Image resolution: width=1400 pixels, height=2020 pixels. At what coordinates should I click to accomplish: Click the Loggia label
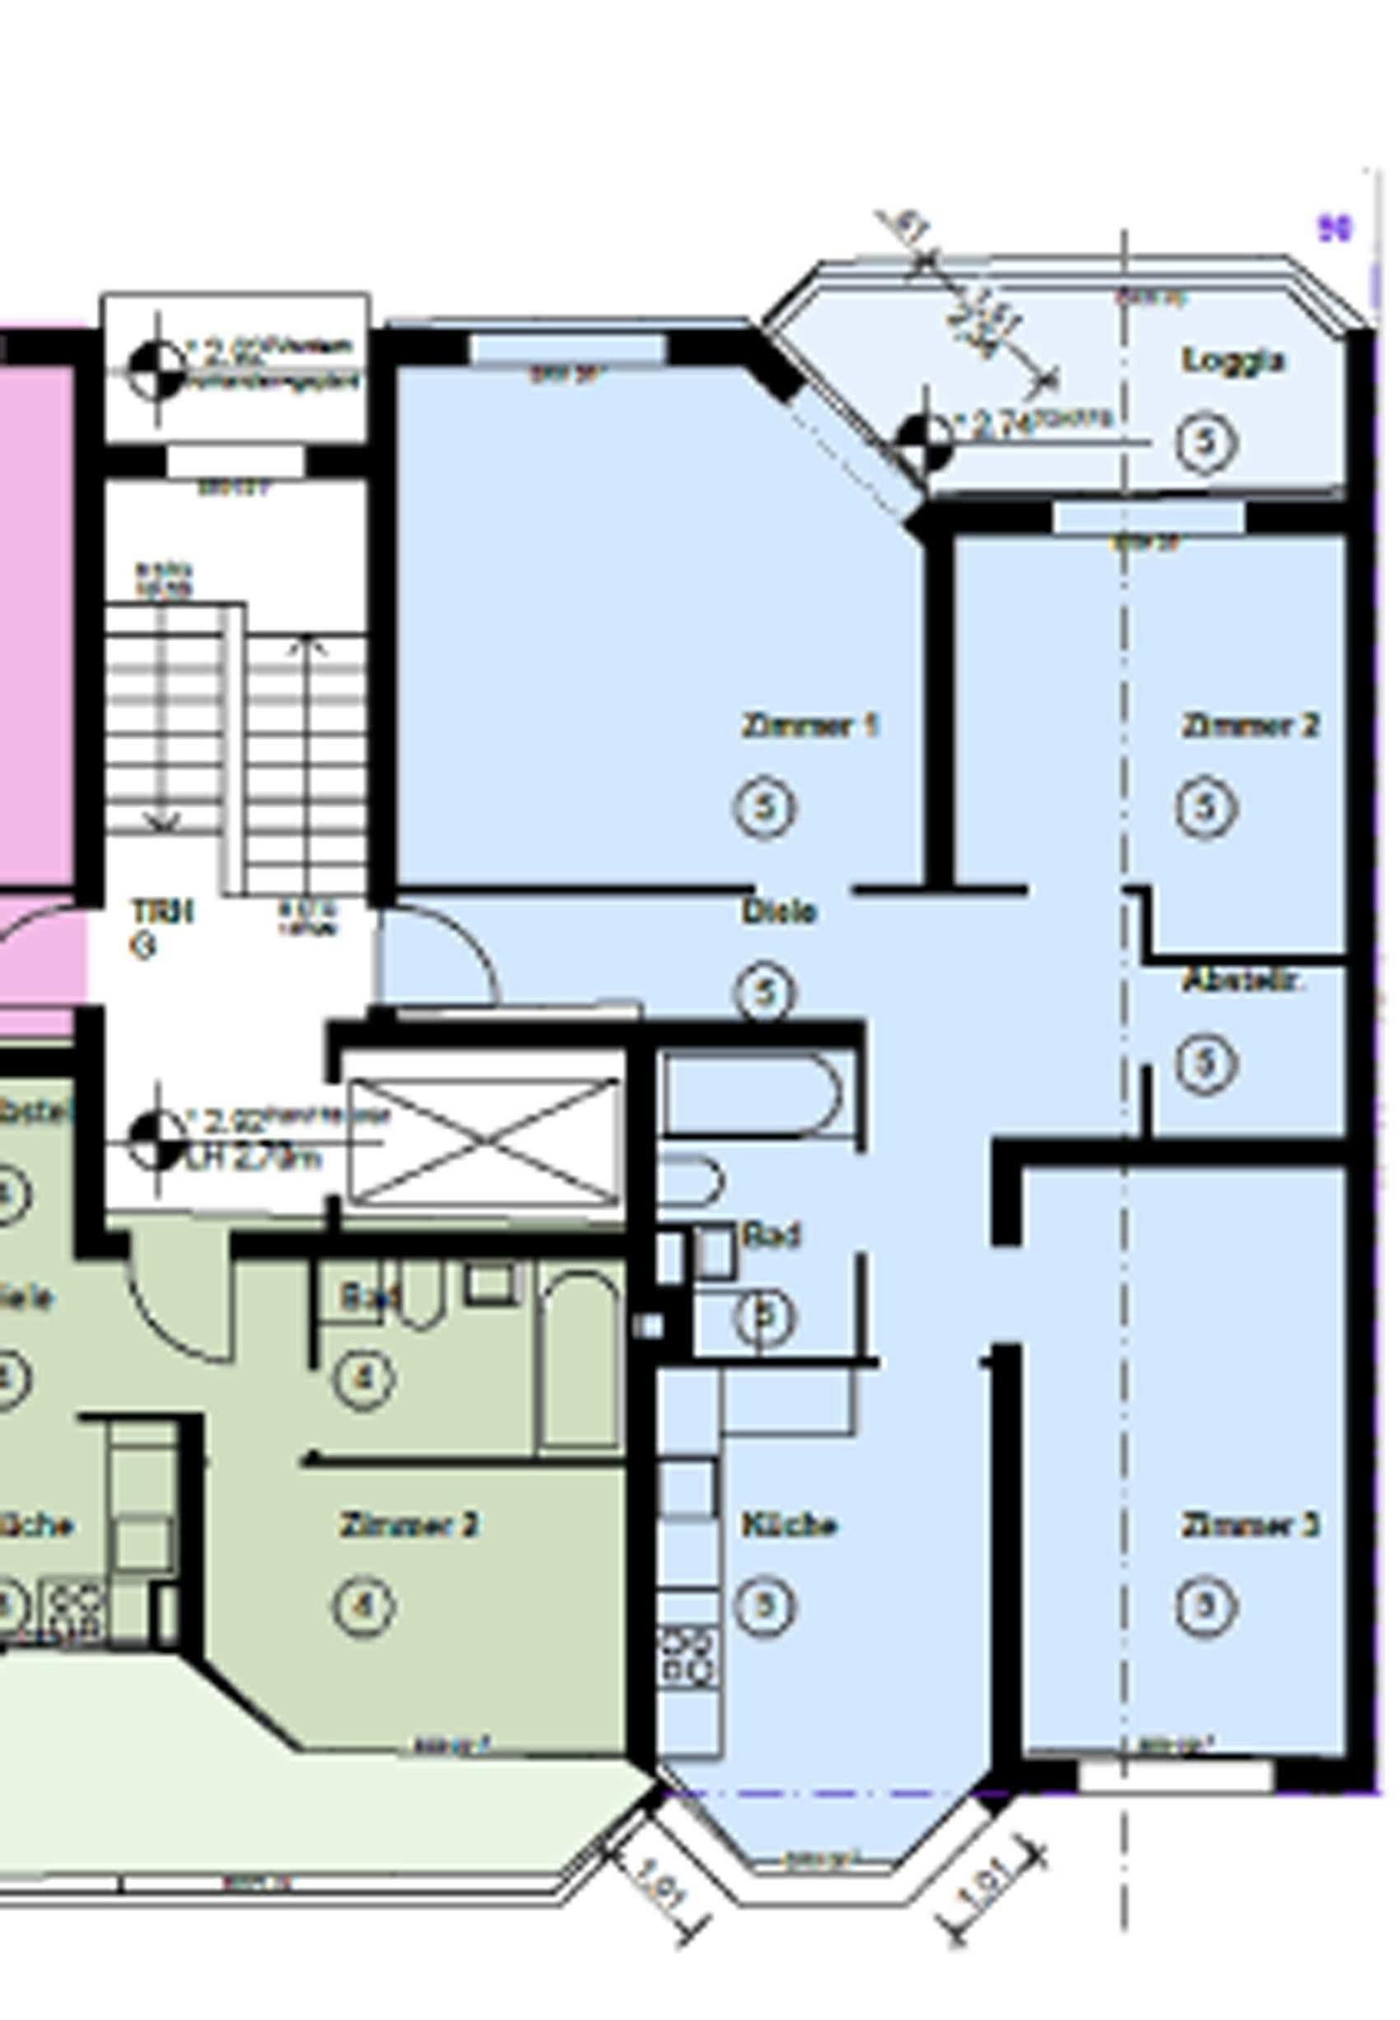point(1233,361)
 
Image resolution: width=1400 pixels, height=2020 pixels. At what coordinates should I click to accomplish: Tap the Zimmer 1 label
point(809,726)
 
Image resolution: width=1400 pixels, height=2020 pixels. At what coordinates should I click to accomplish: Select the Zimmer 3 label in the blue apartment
point(1249,1526)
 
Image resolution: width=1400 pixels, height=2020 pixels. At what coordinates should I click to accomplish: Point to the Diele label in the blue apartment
point(778,912)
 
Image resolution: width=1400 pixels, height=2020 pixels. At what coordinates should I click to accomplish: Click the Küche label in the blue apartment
point(789,1526)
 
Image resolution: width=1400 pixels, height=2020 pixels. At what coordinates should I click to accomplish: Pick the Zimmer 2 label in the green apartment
point(408,1525)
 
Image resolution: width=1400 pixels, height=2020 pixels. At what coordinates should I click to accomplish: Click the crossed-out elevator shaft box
point(484,1141)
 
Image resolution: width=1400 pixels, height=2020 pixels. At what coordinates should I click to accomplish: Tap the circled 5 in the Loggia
point(1206,443)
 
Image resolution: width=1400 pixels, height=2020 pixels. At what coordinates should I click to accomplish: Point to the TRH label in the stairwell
point(161,912)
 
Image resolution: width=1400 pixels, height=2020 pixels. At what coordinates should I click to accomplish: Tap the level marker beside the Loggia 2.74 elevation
point(924,442)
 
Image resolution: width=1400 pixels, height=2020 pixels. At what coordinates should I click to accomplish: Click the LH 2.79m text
point(254,1159)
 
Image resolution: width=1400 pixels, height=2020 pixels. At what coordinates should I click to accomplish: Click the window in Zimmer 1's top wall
point(567,349)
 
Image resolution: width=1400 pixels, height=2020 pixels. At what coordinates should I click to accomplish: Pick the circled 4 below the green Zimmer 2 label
point(364,1606)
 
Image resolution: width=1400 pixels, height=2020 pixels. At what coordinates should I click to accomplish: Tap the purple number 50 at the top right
point(1334,229)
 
